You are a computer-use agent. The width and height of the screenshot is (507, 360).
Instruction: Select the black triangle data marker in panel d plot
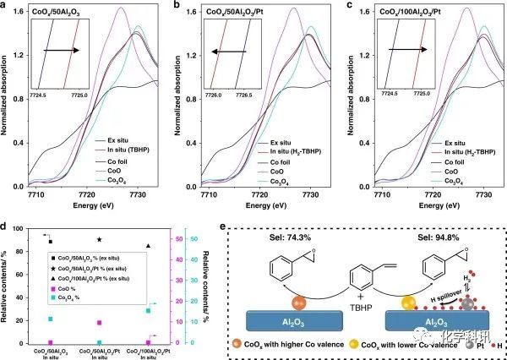coord(149,246)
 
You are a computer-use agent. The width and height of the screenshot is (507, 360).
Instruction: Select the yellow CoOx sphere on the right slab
coord(390,302)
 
